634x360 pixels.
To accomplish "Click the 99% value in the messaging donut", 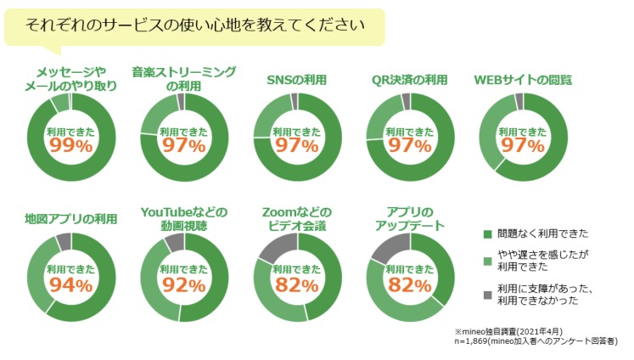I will [x=70, y=145].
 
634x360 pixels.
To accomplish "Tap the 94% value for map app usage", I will [x=70, y=284].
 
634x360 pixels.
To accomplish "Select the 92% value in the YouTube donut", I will [x=183, y=284].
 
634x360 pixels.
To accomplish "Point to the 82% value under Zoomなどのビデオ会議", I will [x=297, y=284].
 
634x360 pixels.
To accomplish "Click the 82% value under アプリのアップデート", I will [x=411, y=284].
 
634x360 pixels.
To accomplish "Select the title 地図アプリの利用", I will [x=70, y=218].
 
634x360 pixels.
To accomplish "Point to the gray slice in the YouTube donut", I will [x=174, y=242].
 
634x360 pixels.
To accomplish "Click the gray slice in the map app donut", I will [x=64, y=240].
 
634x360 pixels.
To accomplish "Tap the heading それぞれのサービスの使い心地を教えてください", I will [x=195, y=24].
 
